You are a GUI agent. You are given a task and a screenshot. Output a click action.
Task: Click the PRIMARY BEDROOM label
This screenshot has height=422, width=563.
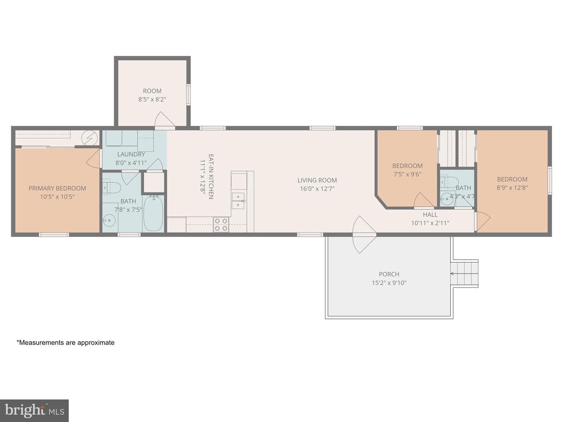(57, 188)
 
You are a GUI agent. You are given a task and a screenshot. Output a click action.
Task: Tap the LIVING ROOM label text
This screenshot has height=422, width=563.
(317, 181)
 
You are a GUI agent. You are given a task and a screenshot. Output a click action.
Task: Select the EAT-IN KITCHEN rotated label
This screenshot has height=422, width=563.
(211, 177)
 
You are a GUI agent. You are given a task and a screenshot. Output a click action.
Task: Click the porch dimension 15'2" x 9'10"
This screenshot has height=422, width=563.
(389, 283)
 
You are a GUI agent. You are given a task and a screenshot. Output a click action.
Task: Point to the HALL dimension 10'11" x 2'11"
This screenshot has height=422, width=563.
(430, 223)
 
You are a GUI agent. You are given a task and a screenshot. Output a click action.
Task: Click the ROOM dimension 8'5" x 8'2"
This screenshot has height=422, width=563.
(152, 99)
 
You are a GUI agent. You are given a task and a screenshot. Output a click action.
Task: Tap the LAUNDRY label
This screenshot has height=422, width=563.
(131, 154)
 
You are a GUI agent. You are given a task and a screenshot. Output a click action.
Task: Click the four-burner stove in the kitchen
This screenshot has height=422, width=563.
(221, 224)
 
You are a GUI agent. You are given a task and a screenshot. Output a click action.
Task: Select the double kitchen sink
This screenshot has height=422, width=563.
(238, 200)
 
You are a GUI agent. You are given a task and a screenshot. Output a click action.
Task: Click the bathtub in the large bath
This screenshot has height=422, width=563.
(153, 213)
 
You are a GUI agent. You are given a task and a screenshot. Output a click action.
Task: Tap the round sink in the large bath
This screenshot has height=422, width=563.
(109, 220)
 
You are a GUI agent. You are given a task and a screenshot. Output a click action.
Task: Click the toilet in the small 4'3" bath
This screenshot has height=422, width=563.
(449, 182)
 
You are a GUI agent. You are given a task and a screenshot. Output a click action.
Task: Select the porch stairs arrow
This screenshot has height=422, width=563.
(464, 274)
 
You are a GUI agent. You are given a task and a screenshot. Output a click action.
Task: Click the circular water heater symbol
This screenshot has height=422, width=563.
(90, 138)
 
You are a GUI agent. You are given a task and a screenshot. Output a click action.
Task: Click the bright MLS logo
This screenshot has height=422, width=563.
(34, 410)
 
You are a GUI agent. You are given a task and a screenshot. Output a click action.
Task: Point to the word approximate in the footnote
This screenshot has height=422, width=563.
(96, 343)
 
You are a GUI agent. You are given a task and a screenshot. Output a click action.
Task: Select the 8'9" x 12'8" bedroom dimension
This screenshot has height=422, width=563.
(512, 188)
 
